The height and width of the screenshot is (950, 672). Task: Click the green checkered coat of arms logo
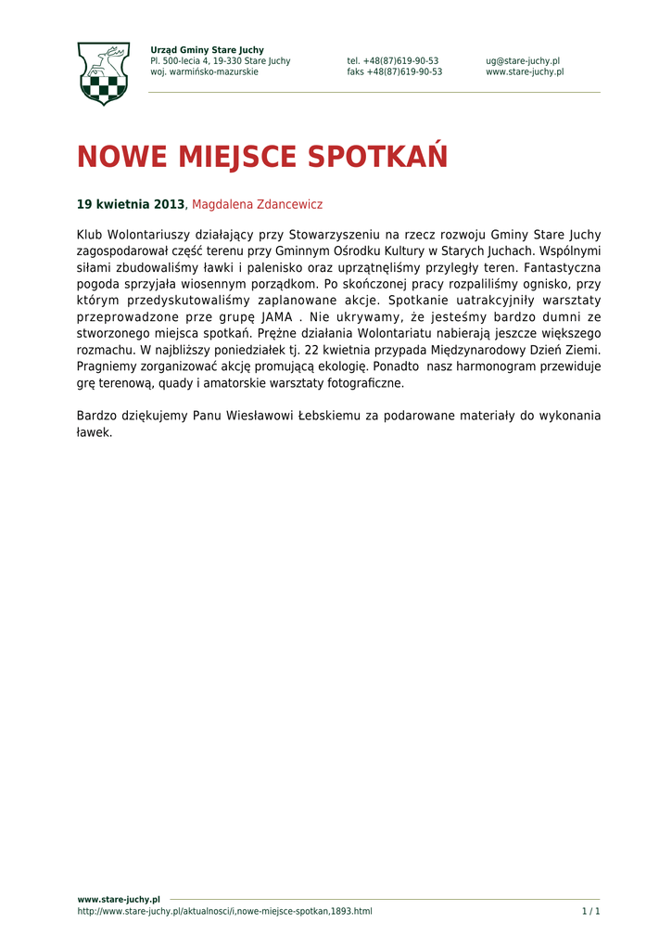click(x=103, y=73)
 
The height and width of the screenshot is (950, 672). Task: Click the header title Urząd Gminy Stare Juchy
click(x=207, y=50)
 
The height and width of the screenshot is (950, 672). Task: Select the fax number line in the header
click(x=394, y=72)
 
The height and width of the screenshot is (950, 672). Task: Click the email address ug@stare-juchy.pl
click(x=523, y=61)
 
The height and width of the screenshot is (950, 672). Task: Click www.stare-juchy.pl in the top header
click(x=525, y=72)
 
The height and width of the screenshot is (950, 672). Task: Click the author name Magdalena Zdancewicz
click(x=257, y=204)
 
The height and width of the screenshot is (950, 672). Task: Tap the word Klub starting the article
click(x=91, y=235)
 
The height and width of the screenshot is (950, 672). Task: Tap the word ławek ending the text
click(x=94, y=432)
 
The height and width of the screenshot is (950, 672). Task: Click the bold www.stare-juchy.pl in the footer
click(x=119, y=899)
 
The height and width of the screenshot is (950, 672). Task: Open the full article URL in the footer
click(x=224, y=912)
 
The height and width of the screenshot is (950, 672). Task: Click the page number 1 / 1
click(x=590, y=912)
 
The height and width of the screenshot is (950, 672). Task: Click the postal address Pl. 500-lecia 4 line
click(x=220, y=61)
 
